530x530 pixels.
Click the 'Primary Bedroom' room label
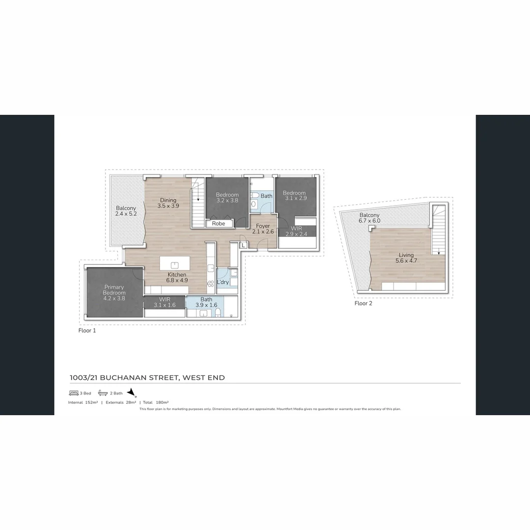point(114,290)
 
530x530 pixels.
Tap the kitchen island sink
point(175,265)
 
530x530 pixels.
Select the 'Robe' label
point(218,223)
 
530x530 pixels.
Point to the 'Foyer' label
point(263,226)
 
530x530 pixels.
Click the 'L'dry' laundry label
point(223,282)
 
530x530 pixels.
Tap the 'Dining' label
point(168,200)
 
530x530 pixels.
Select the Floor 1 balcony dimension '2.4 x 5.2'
point(126,214)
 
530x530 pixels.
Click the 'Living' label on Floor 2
point(406,255)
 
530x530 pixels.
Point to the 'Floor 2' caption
point(363,303)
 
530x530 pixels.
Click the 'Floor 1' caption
point(87,331)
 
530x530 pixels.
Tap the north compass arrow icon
point(132,393)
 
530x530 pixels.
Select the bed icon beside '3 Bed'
point(74,393)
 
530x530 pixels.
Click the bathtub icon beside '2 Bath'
point(103,393)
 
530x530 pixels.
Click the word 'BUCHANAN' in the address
point(127,377)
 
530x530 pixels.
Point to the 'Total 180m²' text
point(156,402)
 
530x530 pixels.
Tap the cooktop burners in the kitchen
point(210,283)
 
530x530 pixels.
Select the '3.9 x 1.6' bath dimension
point(206,305)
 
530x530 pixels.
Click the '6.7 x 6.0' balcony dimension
point(370,221)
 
